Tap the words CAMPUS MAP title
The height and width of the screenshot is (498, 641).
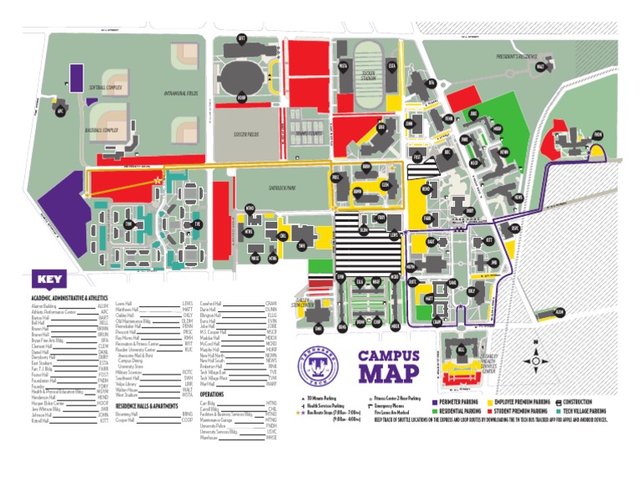[388, 365]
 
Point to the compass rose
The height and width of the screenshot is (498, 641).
[534, 361]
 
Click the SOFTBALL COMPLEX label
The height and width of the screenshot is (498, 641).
[106, 88]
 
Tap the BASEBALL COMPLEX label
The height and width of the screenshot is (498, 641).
[102, 130]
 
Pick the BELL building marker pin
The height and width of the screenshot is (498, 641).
[461, 350]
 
